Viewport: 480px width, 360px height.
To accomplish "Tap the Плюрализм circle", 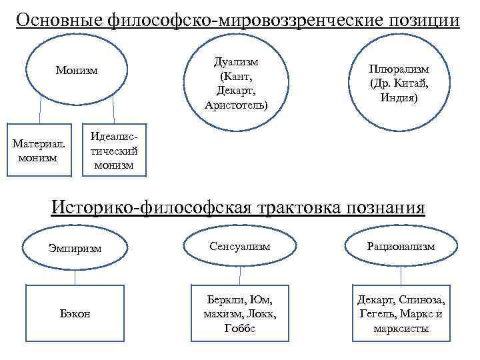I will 400,82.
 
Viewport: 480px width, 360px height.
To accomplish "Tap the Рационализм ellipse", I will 401,246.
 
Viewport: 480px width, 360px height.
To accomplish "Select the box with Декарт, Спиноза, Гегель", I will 401,310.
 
